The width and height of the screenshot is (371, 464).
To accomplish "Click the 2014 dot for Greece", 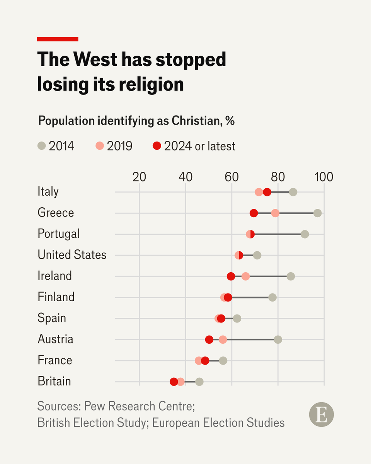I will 317,213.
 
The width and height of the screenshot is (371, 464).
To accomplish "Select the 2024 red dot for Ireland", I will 231,276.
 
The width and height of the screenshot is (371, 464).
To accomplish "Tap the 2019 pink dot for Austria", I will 223,339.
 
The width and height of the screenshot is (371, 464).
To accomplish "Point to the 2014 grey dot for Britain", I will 199,382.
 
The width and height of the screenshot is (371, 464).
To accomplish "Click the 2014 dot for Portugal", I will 305,234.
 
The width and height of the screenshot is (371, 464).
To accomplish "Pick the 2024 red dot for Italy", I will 267,192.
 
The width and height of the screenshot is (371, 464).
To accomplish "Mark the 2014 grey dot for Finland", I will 272,297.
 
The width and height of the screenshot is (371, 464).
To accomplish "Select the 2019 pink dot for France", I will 199,360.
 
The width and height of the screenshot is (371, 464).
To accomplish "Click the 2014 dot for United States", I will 257,255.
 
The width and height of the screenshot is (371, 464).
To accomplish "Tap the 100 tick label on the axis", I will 323,177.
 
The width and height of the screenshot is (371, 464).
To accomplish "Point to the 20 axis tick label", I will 139,177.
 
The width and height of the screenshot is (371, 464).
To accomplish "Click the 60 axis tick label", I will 231,177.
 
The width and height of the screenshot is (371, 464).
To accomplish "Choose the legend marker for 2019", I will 100,146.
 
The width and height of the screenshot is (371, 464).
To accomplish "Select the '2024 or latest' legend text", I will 199,146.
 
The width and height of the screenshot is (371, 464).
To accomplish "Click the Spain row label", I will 52,318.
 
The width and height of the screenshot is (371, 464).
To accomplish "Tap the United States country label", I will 72,255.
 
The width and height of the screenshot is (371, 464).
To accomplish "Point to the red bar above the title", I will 58,39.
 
